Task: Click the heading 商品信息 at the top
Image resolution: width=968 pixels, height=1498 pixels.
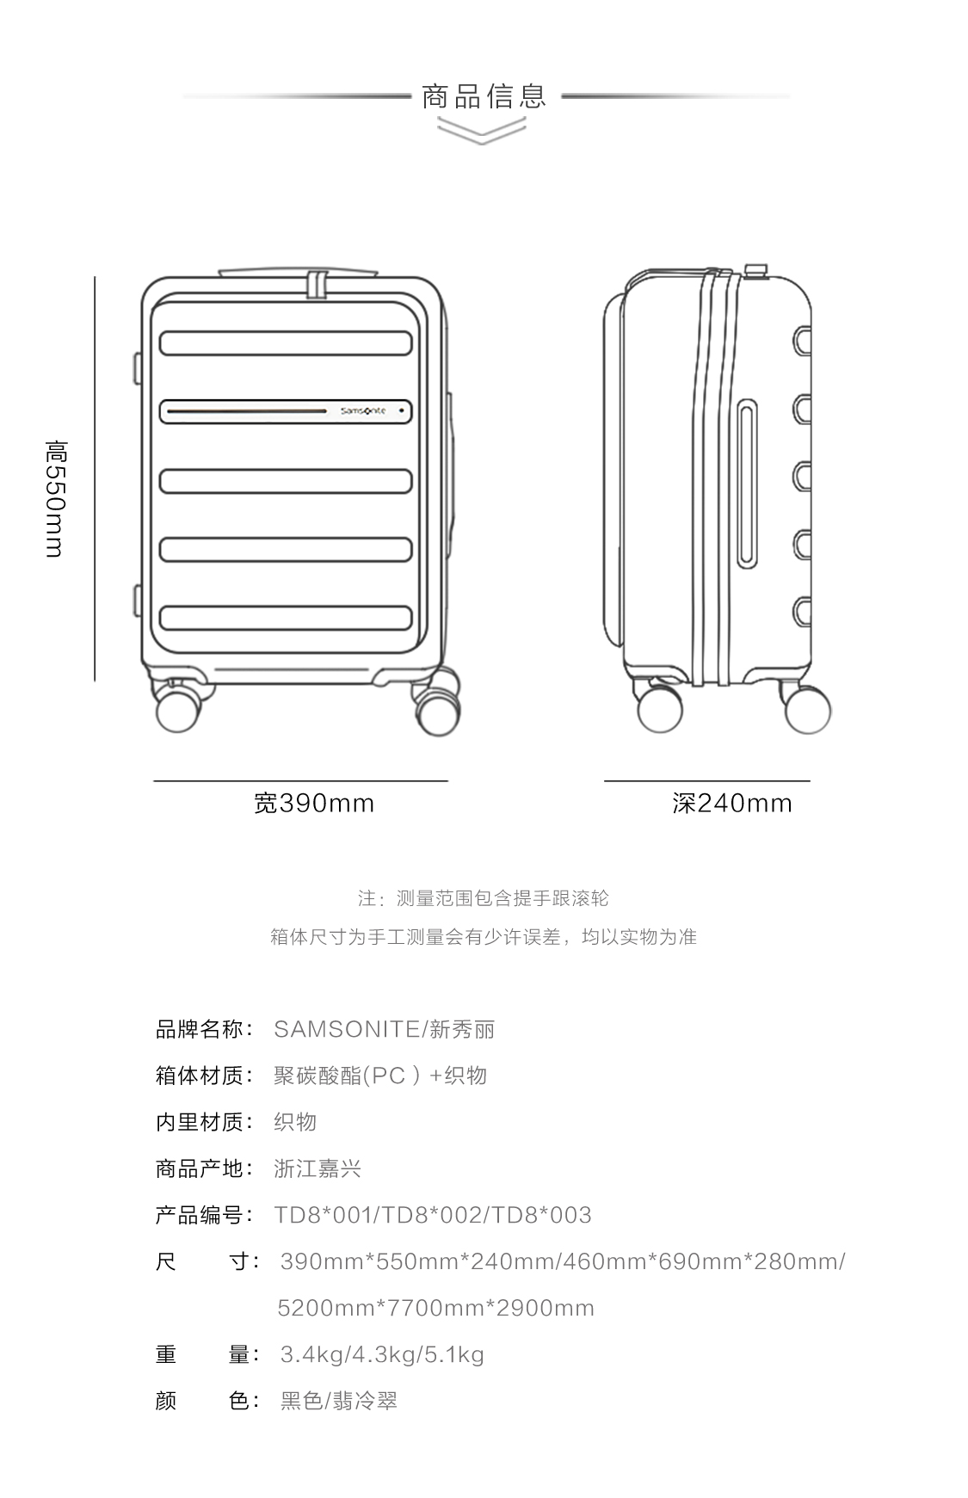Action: (484, 96)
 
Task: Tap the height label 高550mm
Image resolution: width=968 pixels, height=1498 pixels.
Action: (56, 498)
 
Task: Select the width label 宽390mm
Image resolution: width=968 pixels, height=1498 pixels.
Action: (314, 803)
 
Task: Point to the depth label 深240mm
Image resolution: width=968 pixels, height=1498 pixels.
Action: (731, 803)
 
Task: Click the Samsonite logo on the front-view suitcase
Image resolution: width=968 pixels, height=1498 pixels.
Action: (362, 411)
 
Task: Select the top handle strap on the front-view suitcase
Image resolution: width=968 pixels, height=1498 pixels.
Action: (318, 285)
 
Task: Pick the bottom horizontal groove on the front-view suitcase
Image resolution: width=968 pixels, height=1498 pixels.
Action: (286, 618)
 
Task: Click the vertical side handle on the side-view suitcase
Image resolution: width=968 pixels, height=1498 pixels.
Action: (747, 484)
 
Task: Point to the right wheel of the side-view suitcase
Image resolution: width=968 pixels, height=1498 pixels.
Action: (807, 710)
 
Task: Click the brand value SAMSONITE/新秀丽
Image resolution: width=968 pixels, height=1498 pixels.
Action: (384, 1029)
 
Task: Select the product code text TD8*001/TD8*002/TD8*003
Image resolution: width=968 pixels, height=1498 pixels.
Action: (433, 1215)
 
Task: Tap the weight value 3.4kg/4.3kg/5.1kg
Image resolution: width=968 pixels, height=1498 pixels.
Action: (382, 1354)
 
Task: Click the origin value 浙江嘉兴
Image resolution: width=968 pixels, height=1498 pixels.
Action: (318, 1168)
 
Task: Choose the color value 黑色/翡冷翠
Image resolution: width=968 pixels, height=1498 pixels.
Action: (339, 1401)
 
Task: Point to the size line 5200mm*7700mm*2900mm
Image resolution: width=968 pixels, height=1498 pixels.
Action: (435, 1308)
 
